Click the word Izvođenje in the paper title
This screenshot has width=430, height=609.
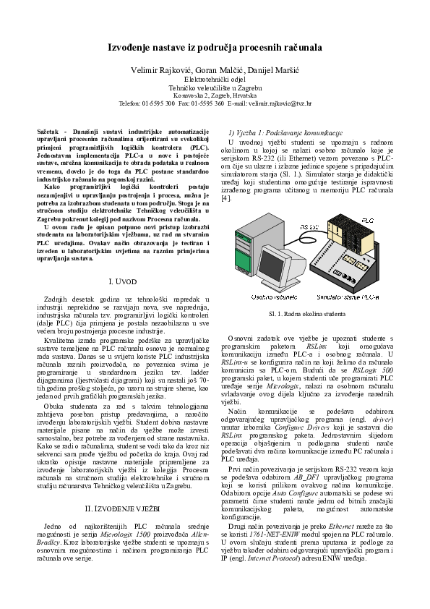[132, 48]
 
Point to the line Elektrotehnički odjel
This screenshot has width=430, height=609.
[215, 78]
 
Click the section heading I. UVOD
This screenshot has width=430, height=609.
[127, 279]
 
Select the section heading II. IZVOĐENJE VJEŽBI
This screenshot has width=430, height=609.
[127, 490]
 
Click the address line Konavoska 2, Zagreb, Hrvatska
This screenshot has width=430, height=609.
[215, 95]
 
